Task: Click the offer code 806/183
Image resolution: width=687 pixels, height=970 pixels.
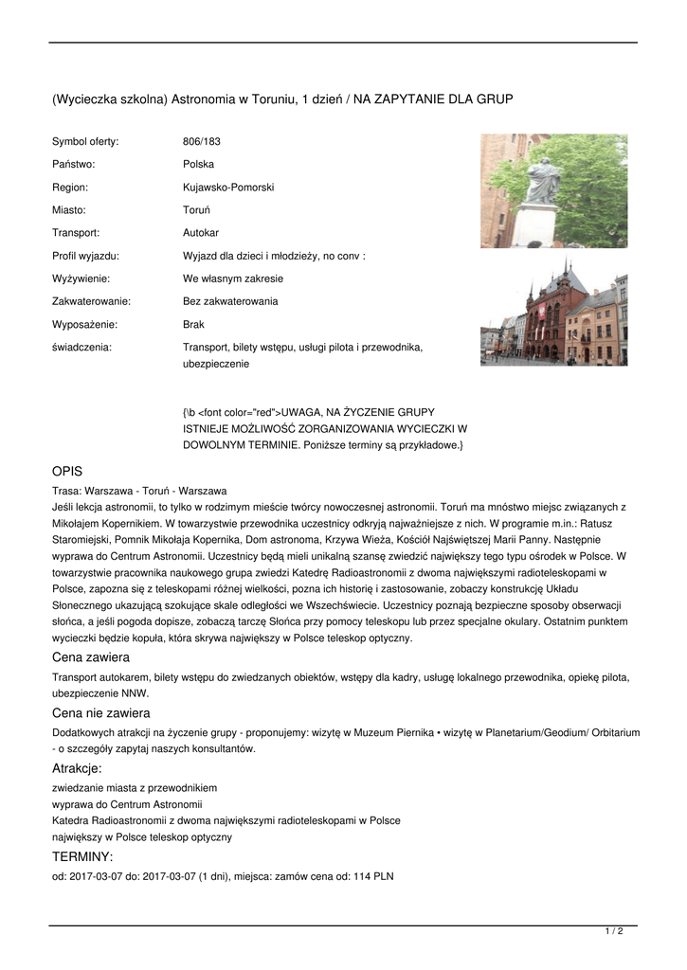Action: [201, 141]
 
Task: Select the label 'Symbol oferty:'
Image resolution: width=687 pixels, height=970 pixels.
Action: [85, 141]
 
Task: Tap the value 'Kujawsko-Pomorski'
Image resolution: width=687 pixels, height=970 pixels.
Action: [228, 187]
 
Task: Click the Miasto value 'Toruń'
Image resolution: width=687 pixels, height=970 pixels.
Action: [196, 209]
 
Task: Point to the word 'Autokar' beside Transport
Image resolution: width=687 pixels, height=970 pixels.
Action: [201, 232]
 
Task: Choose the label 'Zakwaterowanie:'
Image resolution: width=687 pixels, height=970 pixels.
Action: [91, 301]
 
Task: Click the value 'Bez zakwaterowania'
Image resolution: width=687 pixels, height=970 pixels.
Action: [230, 301]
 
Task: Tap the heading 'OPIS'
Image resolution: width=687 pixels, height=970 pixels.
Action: [67, 471]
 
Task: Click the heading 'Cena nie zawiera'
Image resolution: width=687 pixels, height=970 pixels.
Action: [101, 712]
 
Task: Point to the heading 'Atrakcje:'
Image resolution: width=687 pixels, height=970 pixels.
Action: [77, 768]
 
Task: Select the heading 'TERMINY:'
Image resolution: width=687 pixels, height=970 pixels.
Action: [82, 856]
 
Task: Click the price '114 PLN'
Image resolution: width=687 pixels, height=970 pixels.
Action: [373, 876]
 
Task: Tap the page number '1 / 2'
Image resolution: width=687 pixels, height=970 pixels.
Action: [614, 932]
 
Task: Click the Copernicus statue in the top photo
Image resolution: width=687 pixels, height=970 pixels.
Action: [543, 185]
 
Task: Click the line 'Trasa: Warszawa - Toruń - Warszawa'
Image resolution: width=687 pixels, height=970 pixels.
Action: [139, 491]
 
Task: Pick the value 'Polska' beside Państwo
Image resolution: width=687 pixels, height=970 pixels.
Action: [199, 164]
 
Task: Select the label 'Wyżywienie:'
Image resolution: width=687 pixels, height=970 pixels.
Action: [81, 278]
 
